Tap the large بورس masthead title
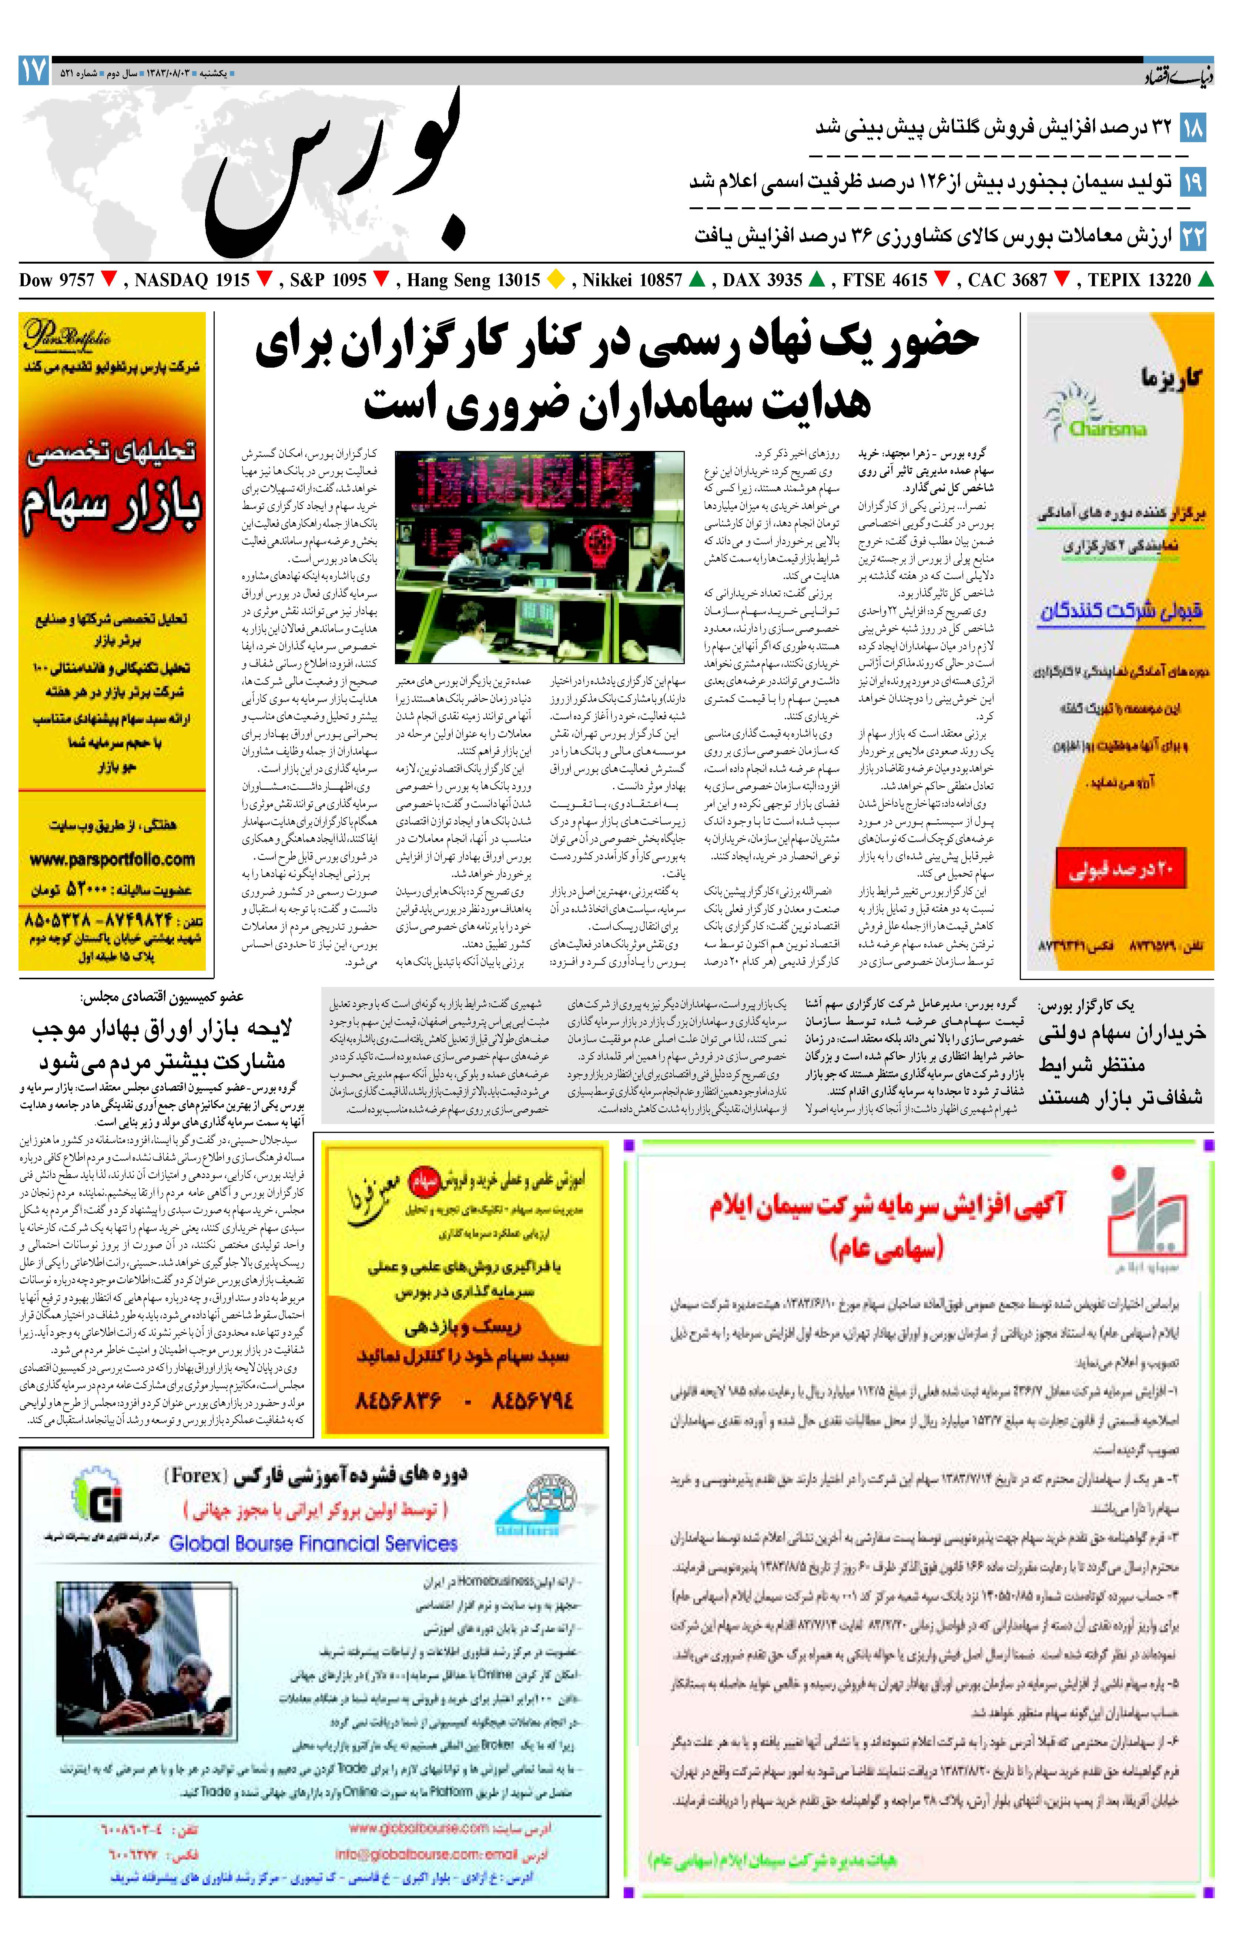(337, 175)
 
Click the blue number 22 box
(1192, 237)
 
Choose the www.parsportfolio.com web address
(112, 859)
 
